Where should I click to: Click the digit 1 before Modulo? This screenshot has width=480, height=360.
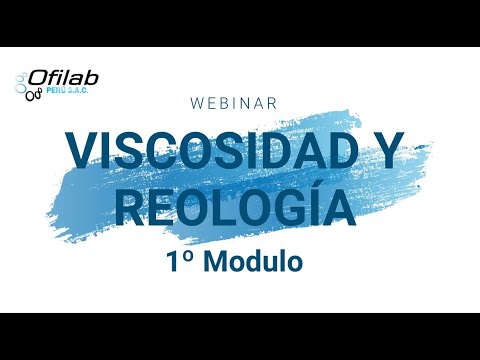(x=174, y=262)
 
